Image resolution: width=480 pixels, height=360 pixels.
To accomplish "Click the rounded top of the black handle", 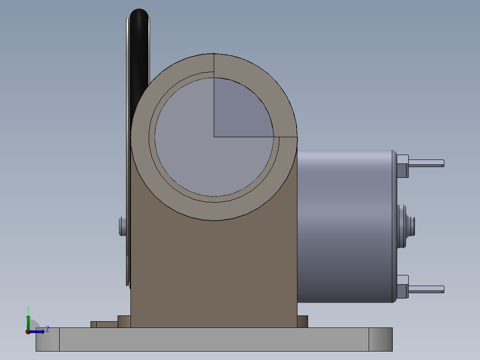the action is tap(139, 15).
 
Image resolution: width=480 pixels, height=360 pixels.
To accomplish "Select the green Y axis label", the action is tap(28, 310).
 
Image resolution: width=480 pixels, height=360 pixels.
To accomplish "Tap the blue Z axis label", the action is tap(48, 329).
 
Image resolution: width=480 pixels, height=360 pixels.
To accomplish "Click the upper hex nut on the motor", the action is tap(403, 166).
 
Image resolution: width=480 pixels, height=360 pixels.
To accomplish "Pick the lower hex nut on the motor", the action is tap(403, 287).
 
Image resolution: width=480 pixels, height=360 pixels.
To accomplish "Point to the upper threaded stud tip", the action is tap(443, 164).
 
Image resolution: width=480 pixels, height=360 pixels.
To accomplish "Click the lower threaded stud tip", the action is tap(443, 289).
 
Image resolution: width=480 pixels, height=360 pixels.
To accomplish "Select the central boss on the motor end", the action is tap(406, 226).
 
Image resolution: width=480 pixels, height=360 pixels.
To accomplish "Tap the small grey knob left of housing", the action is tap(122, 226).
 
